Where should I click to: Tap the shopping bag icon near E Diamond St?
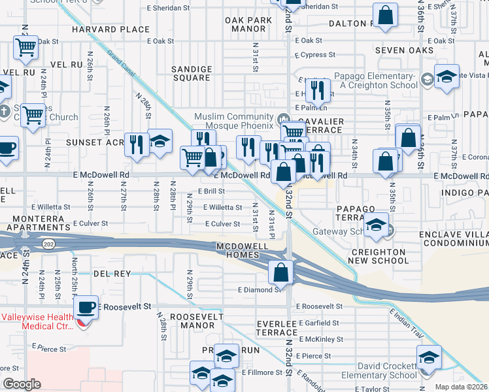pos(281,272)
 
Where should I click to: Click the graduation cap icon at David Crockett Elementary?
pos(429,357)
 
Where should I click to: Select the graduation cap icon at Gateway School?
pos(376,225)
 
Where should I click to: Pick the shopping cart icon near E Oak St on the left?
pos(25,47)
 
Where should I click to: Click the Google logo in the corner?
pos(22,384)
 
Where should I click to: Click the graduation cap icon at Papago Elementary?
pos(447,76)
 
